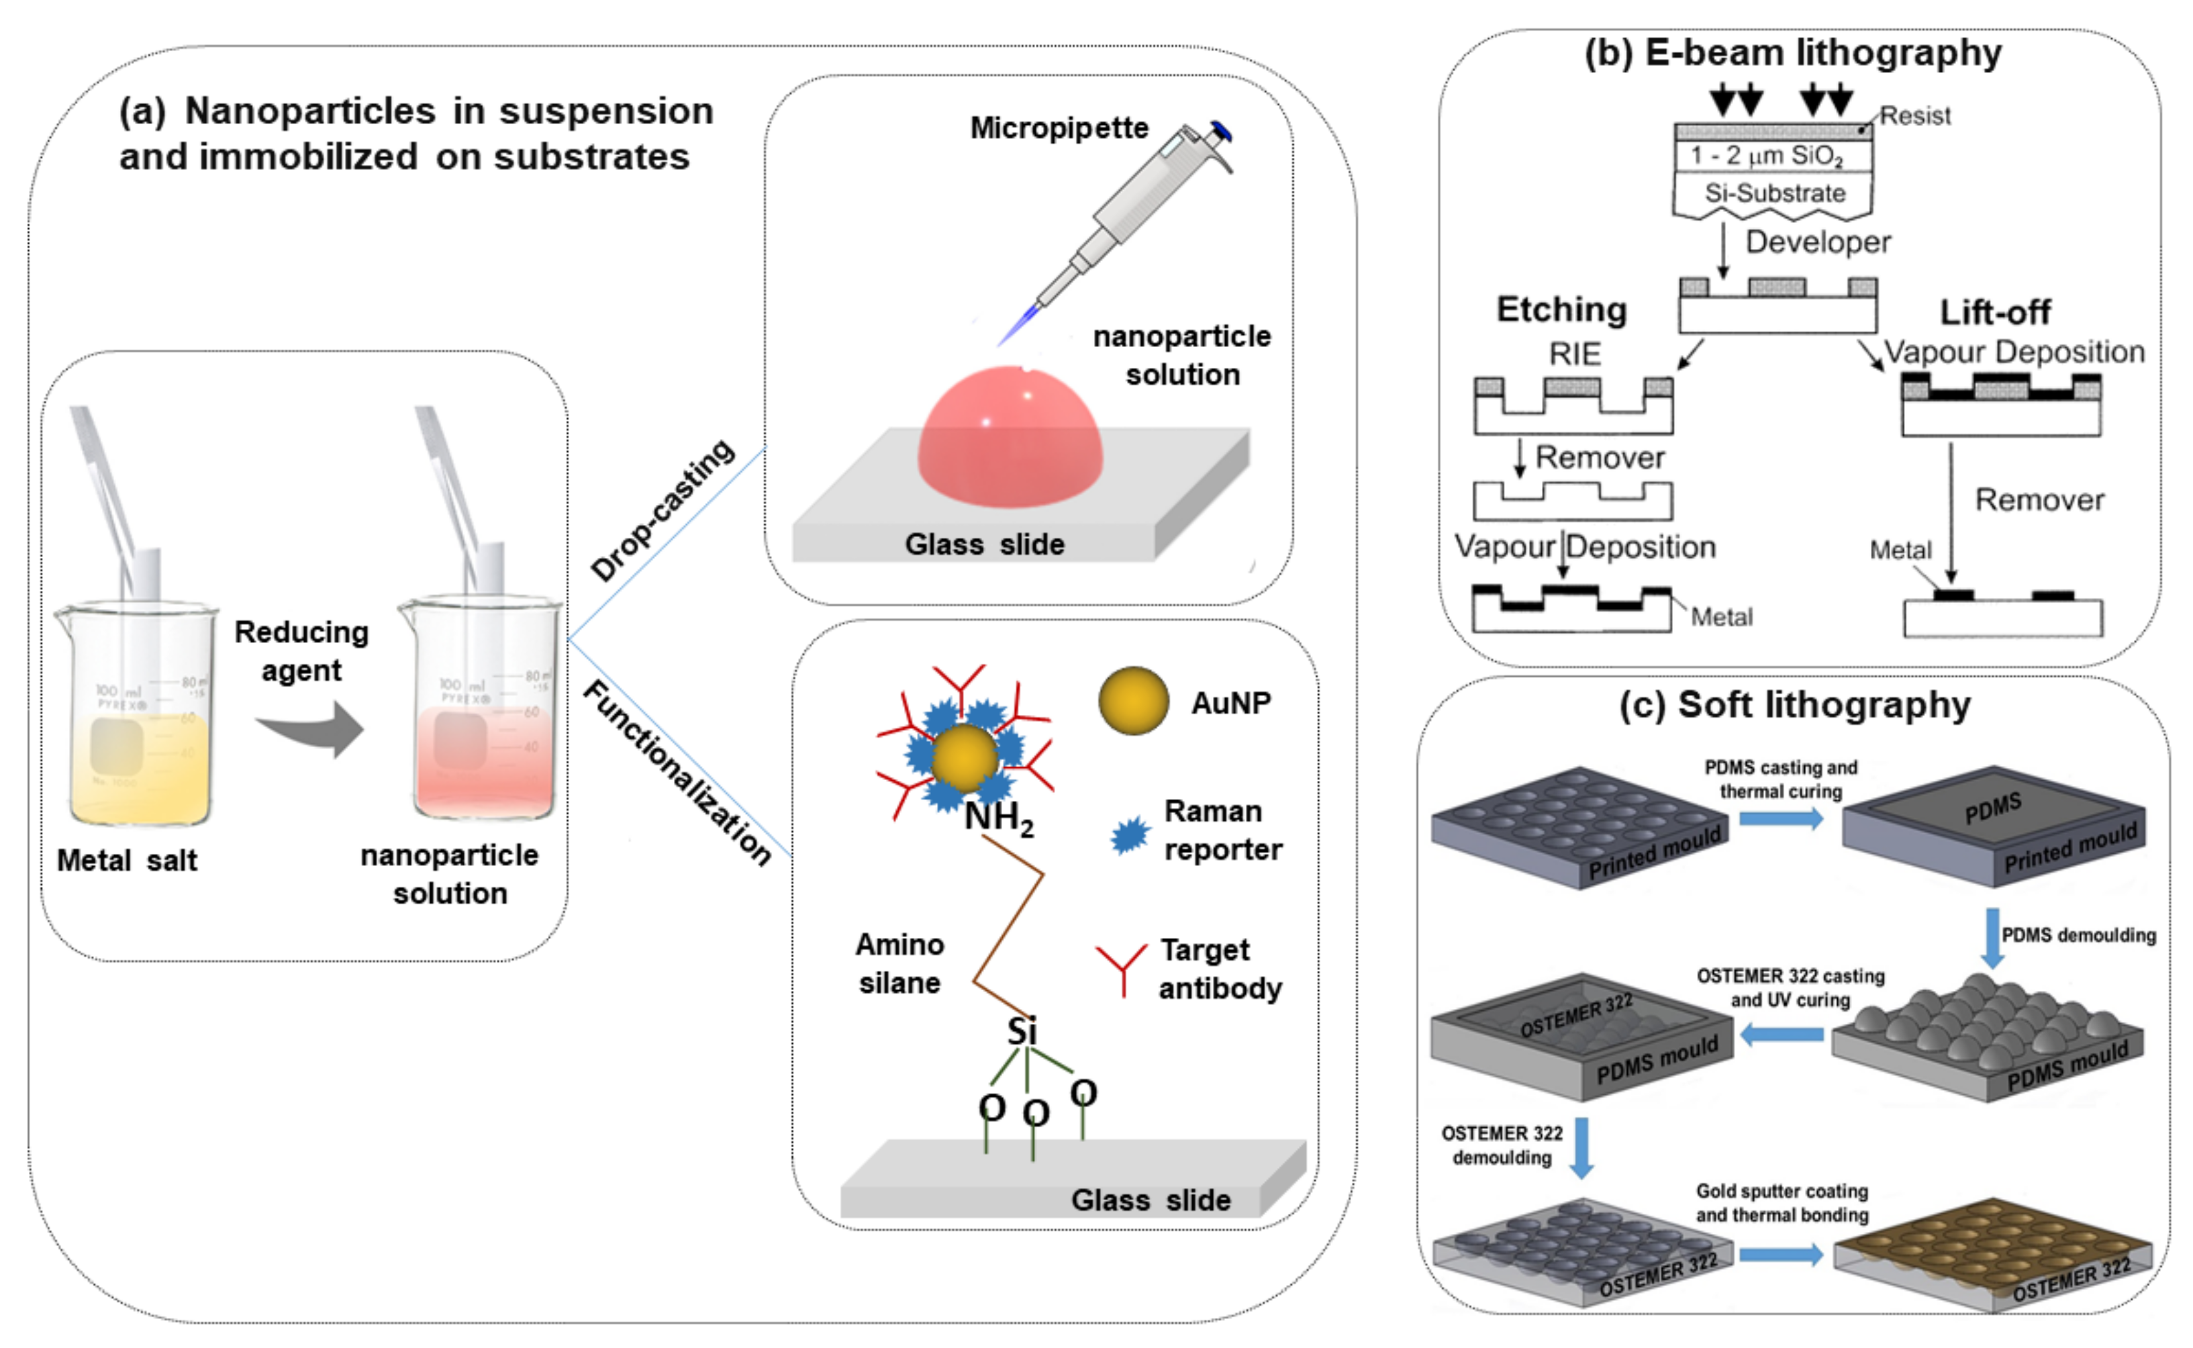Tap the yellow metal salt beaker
138,713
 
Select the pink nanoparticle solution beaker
481,713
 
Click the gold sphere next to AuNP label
1133,702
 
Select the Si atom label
1022,1032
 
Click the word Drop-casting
663,510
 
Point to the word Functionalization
677,772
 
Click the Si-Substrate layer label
1774,193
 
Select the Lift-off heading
1994,313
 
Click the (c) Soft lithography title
1794,705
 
